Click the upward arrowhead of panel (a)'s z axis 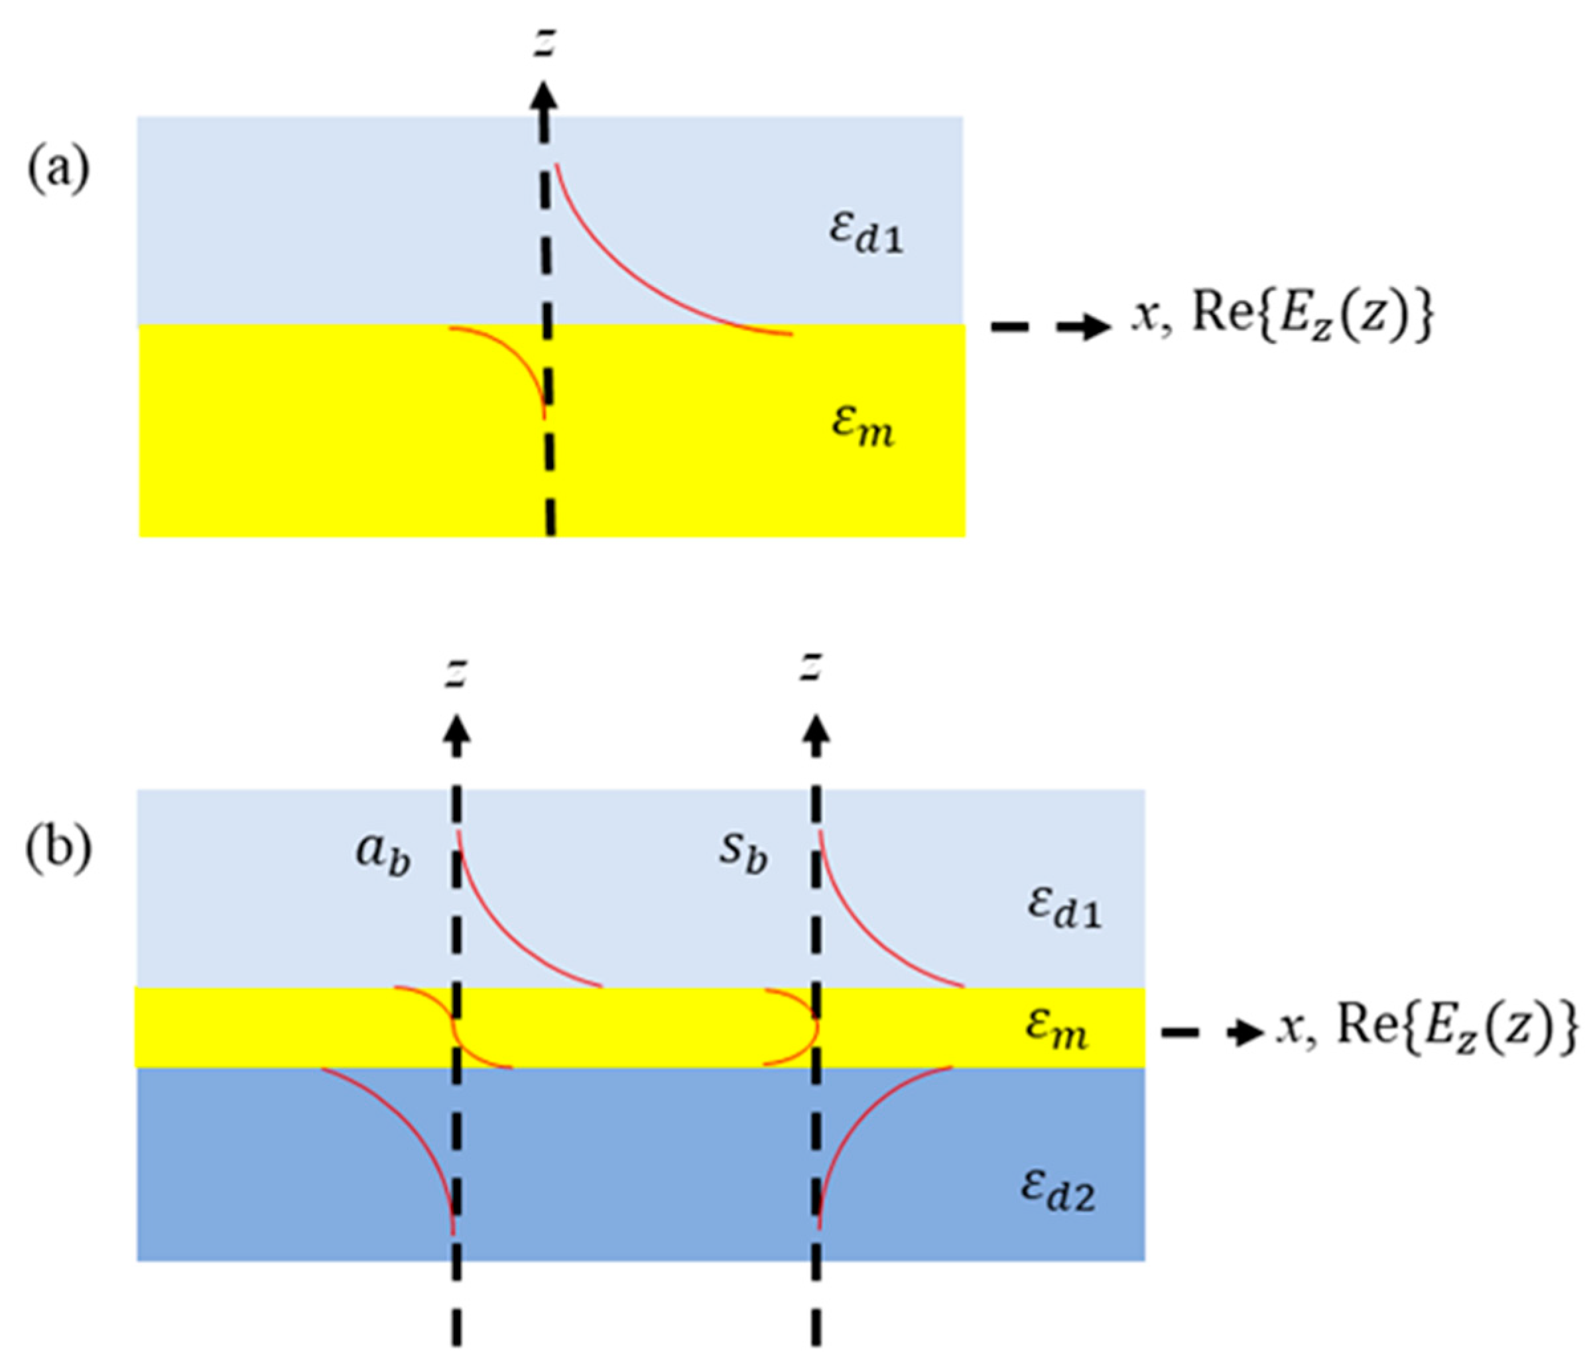pos(544,98)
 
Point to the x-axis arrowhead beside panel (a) pos(1093,327)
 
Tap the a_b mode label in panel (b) pos(382,854)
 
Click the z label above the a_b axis pos(457,671)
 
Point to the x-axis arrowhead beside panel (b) pos(1246,1034)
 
